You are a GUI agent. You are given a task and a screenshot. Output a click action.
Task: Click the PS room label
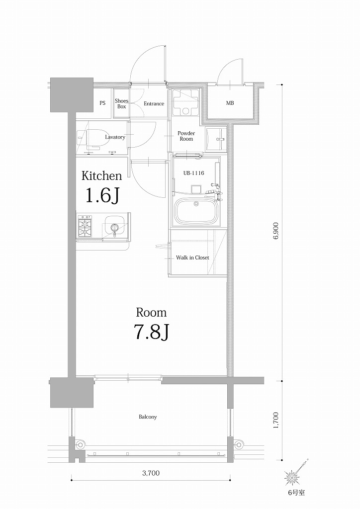tap(102, 103)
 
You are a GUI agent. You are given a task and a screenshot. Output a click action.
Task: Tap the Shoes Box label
tap(121, 103)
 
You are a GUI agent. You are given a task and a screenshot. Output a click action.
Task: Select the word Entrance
tap(154, 103)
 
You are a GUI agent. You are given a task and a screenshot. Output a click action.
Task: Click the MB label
tap(230, 103)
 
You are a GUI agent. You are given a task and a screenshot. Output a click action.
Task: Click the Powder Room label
tap(186, 136)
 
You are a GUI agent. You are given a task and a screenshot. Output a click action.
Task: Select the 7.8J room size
tap(152, 332)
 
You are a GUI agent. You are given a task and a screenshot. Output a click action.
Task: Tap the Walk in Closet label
tap(192, 257)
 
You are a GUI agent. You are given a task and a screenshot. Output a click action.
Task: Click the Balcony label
tap(148, 417)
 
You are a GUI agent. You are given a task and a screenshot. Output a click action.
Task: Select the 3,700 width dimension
tap(150, 473)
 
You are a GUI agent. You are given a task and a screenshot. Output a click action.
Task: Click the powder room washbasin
tap(217, 139)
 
